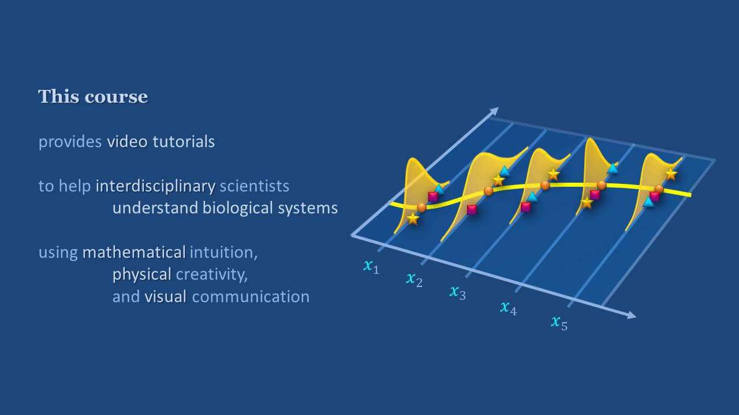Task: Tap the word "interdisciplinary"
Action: (x=155, y=186)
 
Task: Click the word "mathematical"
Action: (x=133, y=252)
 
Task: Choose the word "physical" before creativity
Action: (x=141, y=274)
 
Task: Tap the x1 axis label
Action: (x=371, y=266)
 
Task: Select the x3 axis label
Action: (x=457, y=292)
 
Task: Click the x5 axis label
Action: (x=558, y=322)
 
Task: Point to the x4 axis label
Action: (x=508, y=308)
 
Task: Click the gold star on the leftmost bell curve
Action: (x=413, y=218)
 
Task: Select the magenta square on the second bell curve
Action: (x=472, y=210)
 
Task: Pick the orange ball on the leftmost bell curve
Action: (x=421, y=207)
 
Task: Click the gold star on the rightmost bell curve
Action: (x=670, y=173)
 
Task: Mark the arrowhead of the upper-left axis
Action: (x=494, y=110)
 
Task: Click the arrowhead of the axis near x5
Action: (x=632, y=315)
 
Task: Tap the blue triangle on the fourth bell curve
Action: (x=613, y=168)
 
